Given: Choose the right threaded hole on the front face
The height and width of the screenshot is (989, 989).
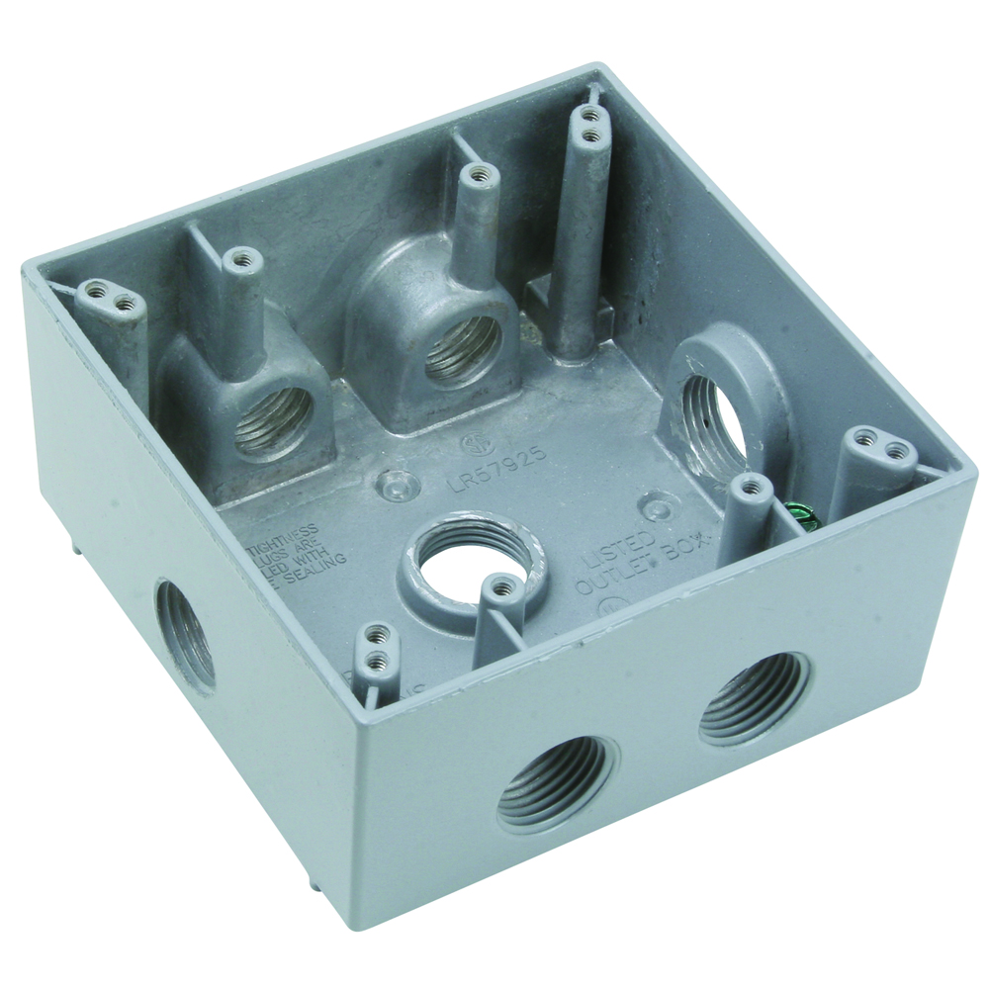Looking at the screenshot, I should [x=754, y=698].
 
